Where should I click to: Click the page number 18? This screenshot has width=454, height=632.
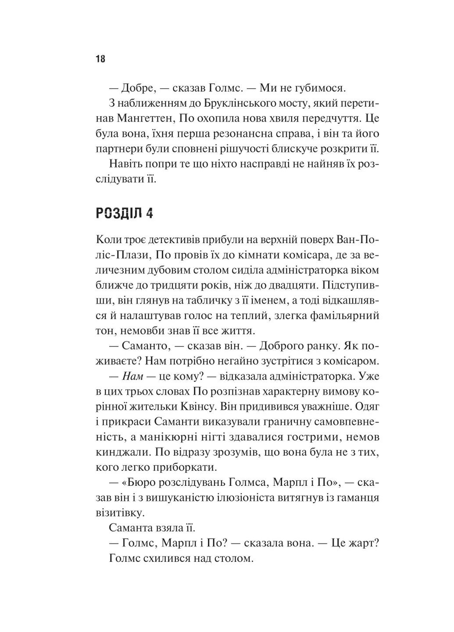click(100, 59)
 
